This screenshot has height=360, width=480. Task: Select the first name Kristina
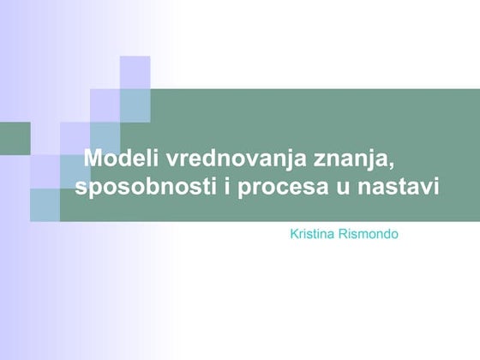(315, 233)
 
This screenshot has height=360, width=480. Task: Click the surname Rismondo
(370, 233)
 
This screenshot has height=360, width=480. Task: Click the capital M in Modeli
(93, 160)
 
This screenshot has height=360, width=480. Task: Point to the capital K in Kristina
(296, 233)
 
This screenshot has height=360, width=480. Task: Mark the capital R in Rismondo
(347, 233)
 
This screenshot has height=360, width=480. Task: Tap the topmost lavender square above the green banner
(135, 72)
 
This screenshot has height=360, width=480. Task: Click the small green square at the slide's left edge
(14, 137)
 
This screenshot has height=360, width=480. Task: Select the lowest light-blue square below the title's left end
(45, 204)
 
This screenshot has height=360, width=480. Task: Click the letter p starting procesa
(247, 189)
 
